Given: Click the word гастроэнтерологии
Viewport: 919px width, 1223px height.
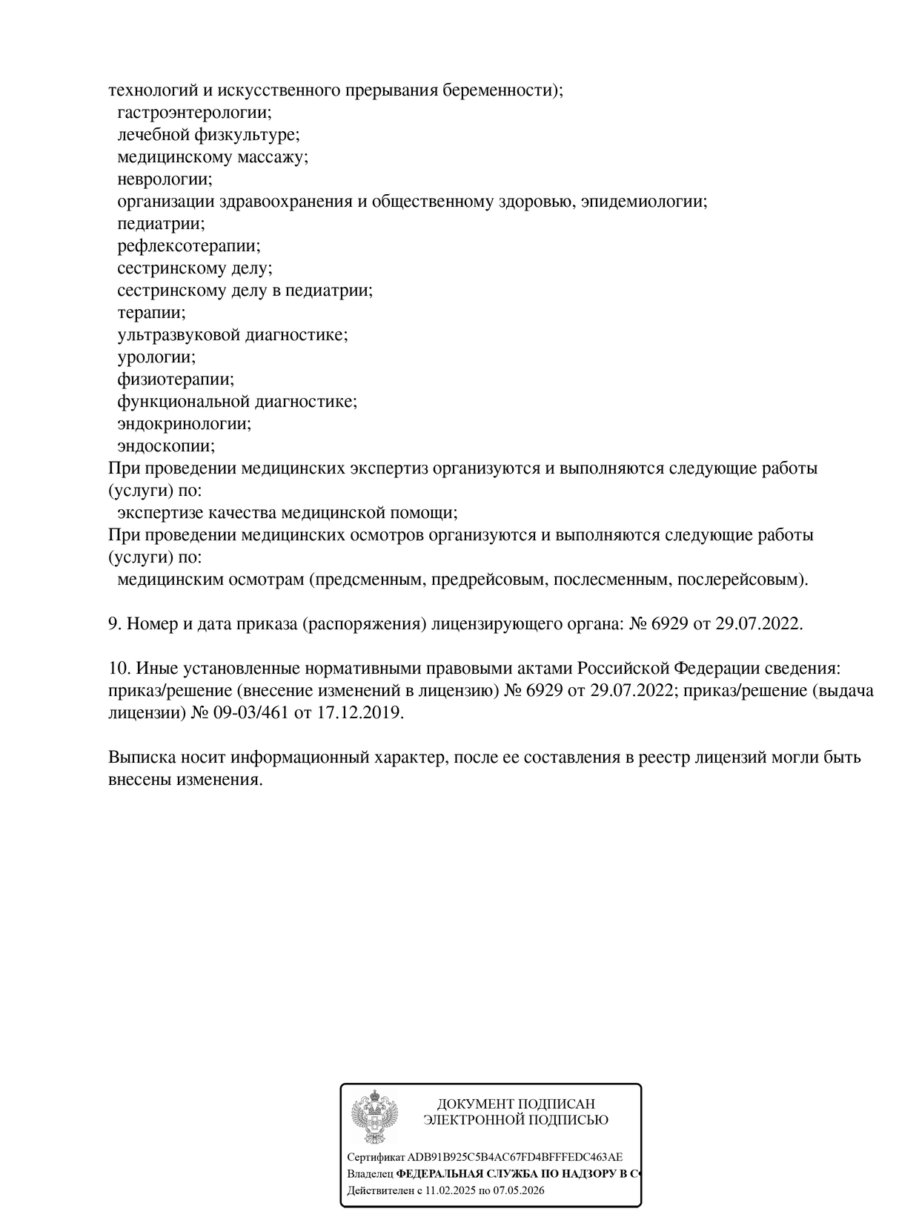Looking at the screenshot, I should [x=194, y=113].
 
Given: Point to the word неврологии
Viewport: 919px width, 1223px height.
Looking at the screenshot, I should [x=165, y=179].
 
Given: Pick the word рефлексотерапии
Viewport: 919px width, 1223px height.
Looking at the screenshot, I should [x=189, y=246].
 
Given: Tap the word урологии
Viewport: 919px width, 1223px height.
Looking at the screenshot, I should [x=156, y=357].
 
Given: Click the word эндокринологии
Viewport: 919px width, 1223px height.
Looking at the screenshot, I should [x=184, y=424].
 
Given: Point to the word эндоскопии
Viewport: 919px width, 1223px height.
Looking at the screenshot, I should [x=166, y=446].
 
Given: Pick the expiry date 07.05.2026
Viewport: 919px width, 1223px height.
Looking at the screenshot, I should [x=517, y=1191].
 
